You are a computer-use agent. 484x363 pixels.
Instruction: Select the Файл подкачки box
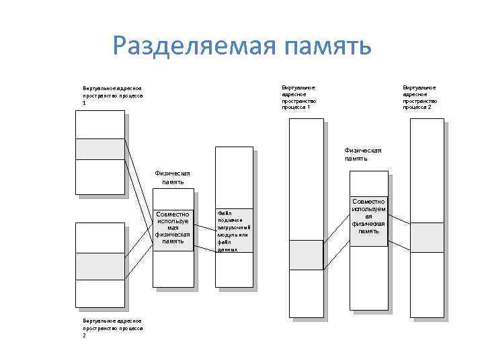click(x=234, y=230)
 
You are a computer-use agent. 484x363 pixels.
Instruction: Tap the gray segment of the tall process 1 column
click(x=306, y=253)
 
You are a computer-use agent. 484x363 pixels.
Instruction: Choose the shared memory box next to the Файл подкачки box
click(x=173, y=229)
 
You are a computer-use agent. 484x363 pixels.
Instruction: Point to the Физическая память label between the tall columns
click(x=362, y=155)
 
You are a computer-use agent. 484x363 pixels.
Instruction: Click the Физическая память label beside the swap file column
click(x=172, y=177)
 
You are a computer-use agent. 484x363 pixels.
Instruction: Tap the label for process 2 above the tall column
click(x=419, y=97)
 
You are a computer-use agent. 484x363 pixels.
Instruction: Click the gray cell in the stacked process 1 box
click(x=99, y=149)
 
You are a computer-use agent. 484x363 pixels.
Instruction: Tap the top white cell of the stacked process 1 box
click(x=99, y=124)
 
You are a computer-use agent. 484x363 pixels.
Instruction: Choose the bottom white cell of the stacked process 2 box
click(x=99, y=292)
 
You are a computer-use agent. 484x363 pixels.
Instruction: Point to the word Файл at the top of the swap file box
click(x=224, y=213)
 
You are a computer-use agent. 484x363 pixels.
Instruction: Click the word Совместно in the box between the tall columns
click(x=368, y=201)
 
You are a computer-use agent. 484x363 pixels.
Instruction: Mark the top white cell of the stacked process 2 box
click(x=99, y=237)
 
